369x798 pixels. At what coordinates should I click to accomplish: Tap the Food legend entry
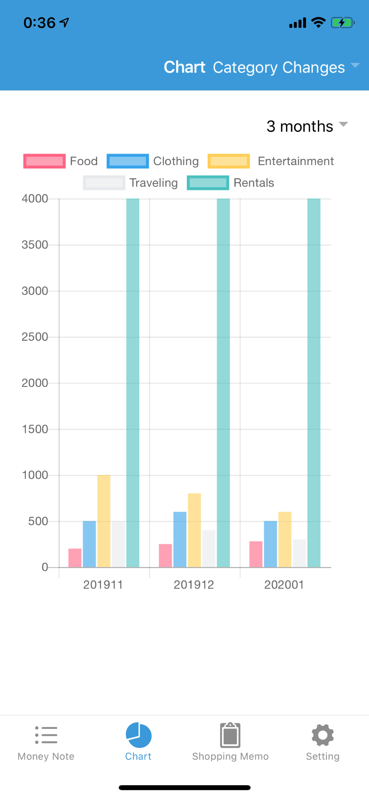click(x=61, y=161)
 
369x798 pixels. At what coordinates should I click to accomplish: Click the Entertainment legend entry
click(x=271, y=161)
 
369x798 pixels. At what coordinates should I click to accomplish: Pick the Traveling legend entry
click(x=130, y=183)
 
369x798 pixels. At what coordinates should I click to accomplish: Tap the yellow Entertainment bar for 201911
click(x=104, y=521)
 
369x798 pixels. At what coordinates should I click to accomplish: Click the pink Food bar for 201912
click(x=165, y=556)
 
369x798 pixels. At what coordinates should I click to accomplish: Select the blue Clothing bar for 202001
click(x=270, y=544)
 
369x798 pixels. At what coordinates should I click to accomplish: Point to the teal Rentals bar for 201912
click(x=223, y=383)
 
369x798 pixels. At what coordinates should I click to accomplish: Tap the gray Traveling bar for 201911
click(x=118, y=544)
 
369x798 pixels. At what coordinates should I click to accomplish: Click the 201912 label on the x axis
click(x=194, y=585)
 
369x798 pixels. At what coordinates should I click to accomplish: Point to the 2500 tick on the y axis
click(x=35, y=337)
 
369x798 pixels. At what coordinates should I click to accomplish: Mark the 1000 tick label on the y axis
click(x=35, y=475)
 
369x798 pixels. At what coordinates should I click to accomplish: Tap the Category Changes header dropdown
click(x=285, y=67)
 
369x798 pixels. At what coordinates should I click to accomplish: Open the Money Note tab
click(x=46, y=742)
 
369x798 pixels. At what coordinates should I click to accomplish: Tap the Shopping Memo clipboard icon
click(x=230, y=735)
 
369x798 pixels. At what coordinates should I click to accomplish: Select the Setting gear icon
click(x=322, y=735)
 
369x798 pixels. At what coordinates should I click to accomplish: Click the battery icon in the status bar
click(x=342, y=23)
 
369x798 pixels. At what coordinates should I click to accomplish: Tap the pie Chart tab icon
click(x=138, y=735)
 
